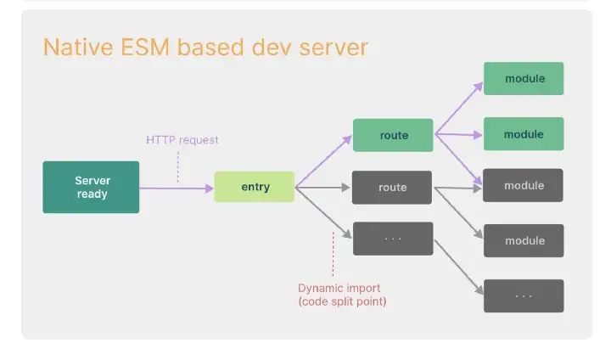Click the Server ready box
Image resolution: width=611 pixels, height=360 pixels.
(x=91, y=187)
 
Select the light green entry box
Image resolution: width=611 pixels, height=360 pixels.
(x=255, y=187)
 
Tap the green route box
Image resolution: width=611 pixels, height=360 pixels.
(x=393, y=135)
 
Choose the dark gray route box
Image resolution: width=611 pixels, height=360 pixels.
(x=392, y=187)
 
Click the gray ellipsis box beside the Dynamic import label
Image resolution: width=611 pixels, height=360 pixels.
(x=392, y=239)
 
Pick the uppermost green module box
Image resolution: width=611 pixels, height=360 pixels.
(x=524, y=79)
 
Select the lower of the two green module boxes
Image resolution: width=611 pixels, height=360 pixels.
(x=524, y=134)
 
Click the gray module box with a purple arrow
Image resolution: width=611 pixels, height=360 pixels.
(x=524, y=185)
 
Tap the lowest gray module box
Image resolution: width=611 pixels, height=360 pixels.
(x=524, y=240)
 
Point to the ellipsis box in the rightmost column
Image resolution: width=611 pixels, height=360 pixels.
(x=524, y=295)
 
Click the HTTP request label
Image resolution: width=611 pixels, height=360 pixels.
(x=182, y=140)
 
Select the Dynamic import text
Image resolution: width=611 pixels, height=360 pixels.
(x=338, y=287)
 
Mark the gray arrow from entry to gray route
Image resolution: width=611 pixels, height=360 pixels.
(x=322, y=188)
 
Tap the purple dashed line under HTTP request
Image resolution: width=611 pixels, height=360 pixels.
(x=177, y=166)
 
